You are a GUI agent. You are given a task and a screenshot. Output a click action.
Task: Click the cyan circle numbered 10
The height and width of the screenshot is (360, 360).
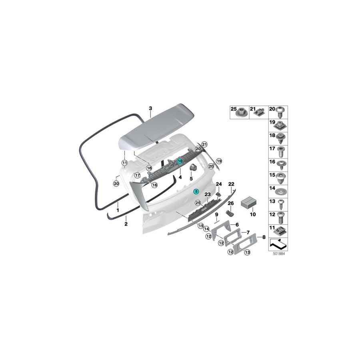click(180, 161)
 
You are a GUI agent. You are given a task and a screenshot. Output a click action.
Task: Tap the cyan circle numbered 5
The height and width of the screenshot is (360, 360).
click(196, 191)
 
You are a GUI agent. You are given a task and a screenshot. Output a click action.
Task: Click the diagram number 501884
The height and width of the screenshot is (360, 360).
click(279, 254)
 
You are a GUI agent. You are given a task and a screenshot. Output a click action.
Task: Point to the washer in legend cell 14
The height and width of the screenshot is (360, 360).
click(281, 192)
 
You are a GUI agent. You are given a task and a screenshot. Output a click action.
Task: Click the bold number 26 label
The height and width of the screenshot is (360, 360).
click(231, 203)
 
